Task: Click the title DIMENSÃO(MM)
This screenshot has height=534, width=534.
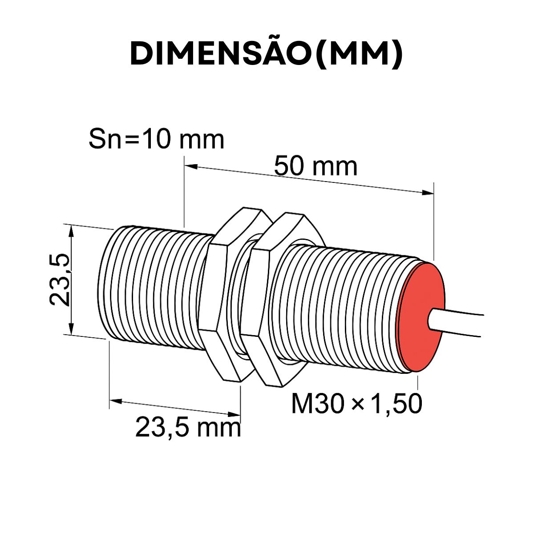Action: (x=266, y=54)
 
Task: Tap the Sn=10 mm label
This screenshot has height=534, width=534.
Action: (x=156, y=139)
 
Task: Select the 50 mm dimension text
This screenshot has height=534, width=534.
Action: (x=315, y=166)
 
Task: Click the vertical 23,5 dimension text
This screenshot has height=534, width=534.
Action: (x=60, y=279)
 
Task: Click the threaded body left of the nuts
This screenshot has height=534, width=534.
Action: (x=151, y=289)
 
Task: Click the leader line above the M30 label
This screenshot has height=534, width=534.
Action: (x=417, y=383)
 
